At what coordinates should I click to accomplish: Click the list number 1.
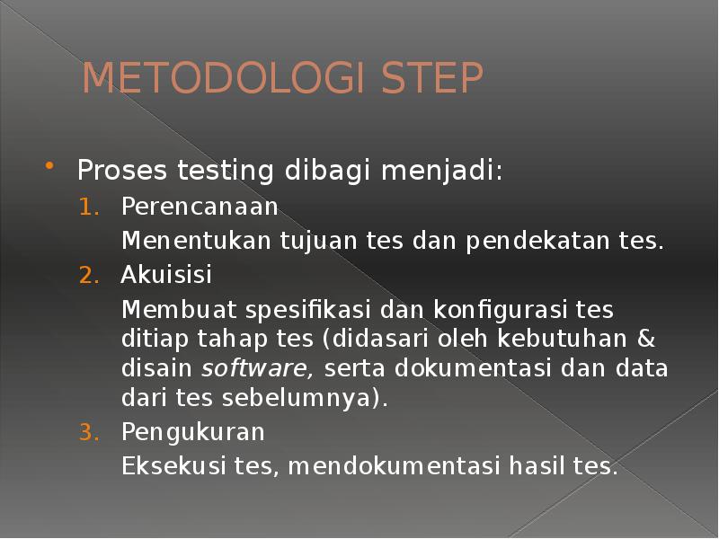tap(86, 208)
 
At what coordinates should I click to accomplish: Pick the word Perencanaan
tap(200, 208)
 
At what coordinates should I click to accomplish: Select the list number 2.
tap(86, 275)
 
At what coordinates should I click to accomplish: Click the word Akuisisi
tap(167, 275)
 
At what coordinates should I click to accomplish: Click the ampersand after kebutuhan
tap(647, 340)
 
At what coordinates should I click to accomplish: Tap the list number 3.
tap(86, 432)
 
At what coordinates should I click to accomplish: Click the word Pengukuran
tap(193, 433)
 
